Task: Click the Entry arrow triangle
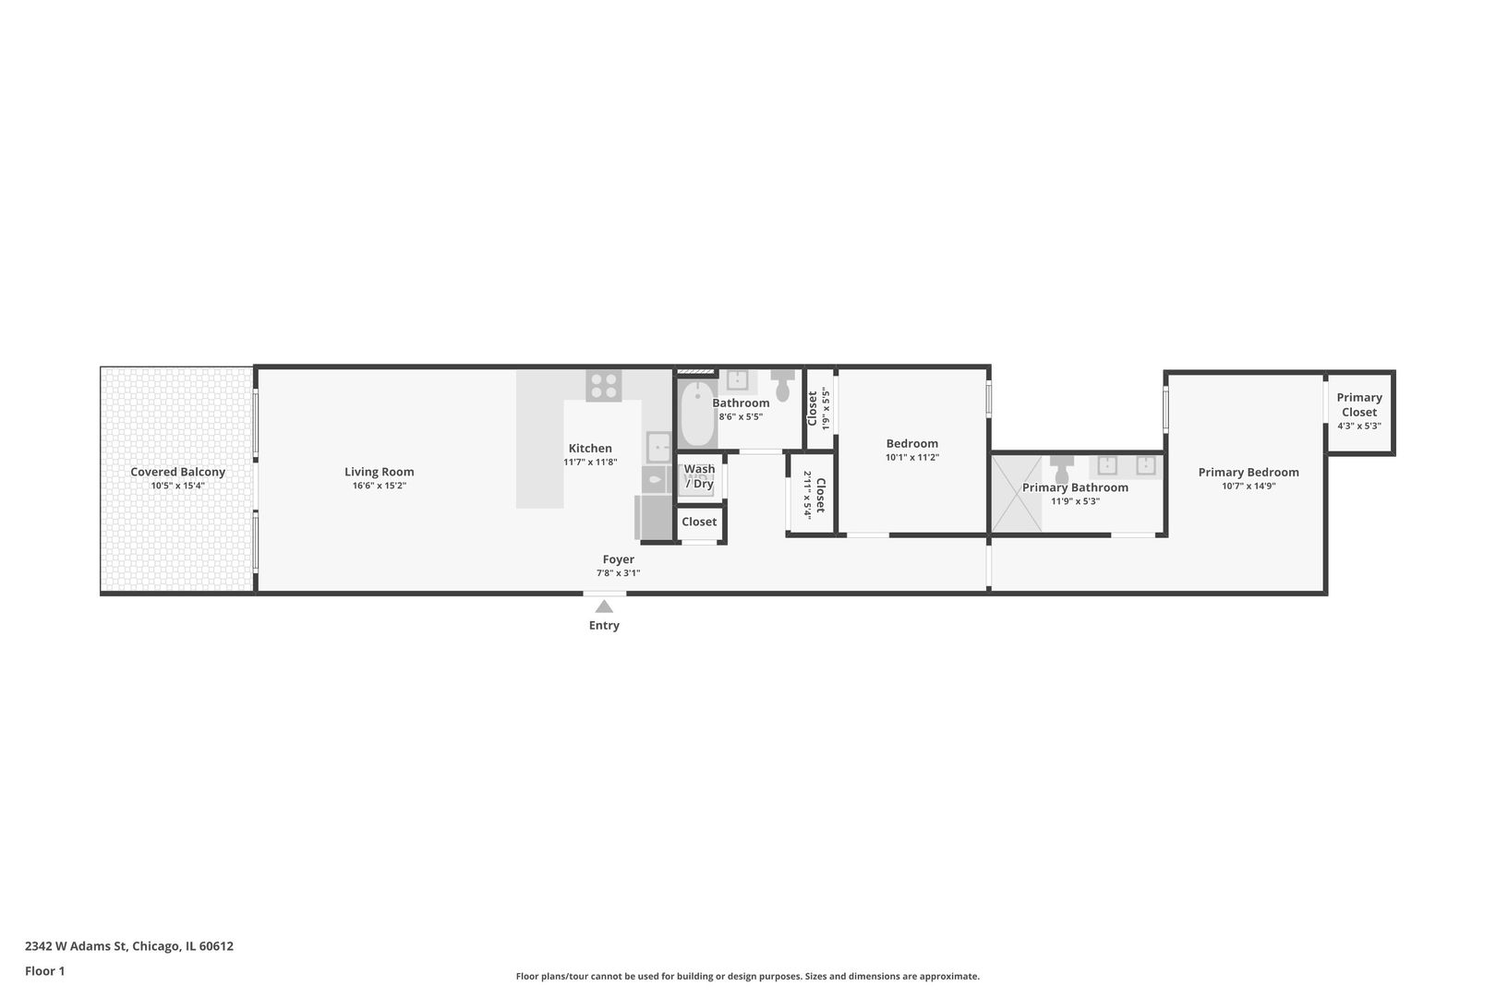pyautogui.click(x=604, y=607)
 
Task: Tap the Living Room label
pyautogui.click(x=380, y=472)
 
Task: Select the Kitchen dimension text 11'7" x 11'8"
pyautogui.click(x=590, y=462)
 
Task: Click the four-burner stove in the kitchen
pyautogui.click(x=604, y=386)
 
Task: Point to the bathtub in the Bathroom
pyautogui.click(x=698, y=414)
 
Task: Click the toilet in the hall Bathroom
pyautogui.click(x=783, y=385)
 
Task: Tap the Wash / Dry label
pyautogui.click(x=699, y=476)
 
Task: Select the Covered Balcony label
pyautogui.click(x=177, y=472)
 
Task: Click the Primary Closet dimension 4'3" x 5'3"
pyautogui.click(x=1359, y=426)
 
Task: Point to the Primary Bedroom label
pyautogui.click(x=1249, y=472)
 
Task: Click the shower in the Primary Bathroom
pyautogui.click(x=1016, y=494)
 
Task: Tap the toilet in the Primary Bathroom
pyautogui.click(x=1061, y=469)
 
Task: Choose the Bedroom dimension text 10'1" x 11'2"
pyautogui.click(x=912, y=458)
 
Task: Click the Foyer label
pyautogui.click(x=619, y=559)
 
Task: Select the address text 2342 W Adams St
pyautogui.click(x=76, y=946)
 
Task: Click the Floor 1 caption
pyautogui.click(x=44, y=971)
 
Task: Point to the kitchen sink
pyautogui.click(x=658, y=448)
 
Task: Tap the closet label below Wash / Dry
pyautogui.click(x=699, y=522)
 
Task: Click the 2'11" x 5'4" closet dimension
pyautogui.click(x=807, y=496)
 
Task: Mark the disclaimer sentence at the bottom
pyautogui.click(x=747, y=977)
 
